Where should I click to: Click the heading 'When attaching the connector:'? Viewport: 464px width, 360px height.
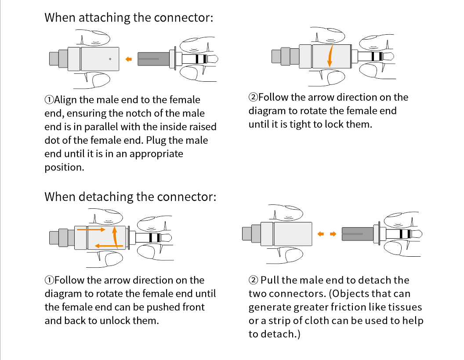(x=129, y=18)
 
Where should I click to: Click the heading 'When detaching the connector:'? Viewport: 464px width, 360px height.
(x=130, y=196)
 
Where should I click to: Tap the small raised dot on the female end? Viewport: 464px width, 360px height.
(x=110, y=59)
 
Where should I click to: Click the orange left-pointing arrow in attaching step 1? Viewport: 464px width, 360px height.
(x=128, y=59)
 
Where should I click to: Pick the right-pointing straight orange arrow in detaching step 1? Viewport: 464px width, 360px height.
(x=91, y=229)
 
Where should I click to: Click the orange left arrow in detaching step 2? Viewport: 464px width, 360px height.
(x=321, y=234)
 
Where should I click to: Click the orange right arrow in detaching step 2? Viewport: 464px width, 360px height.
(x=333, y=234)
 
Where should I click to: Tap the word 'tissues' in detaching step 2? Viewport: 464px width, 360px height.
(x=407, y=307)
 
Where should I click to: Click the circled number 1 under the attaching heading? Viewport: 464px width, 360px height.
(x=49, y=100)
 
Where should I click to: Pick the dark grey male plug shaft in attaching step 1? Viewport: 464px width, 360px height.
(x=154, y=59)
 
